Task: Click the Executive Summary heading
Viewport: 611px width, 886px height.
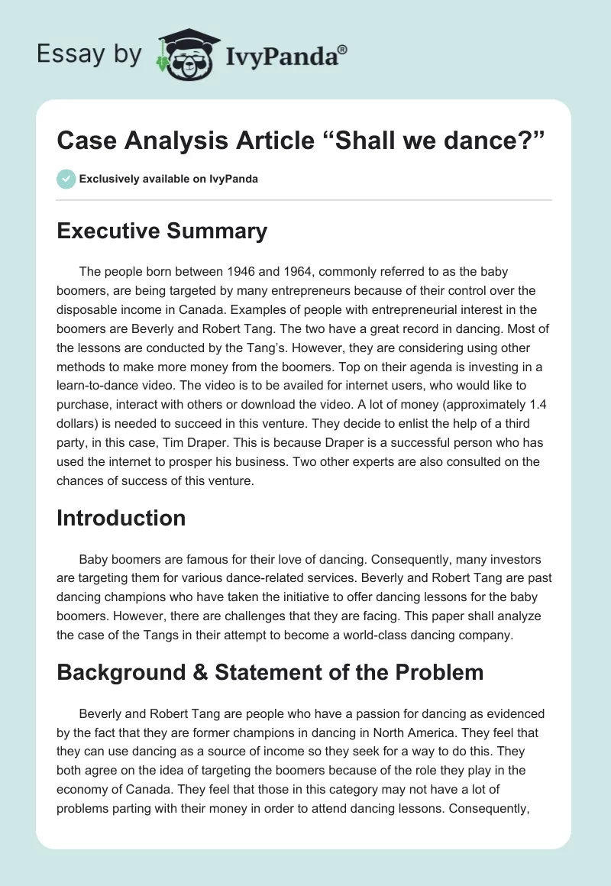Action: pyautogui.click(x=162, y=231)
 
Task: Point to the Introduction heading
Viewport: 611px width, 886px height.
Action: pyautogui.click(x=121, y=518)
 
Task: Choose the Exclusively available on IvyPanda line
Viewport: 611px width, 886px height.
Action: pyautogui.click(x=169, y=179)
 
